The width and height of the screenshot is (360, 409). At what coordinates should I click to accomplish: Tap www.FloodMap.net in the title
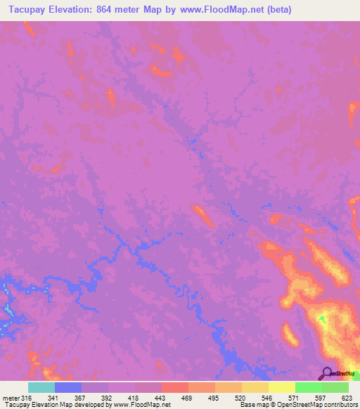[x=223, y=10]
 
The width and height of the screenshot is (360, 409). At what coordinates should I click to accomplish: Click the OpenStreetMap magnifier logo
[x=327, y=374]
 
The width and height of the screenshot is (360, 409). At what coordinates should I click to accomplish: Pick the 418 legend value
[x=132, y=397]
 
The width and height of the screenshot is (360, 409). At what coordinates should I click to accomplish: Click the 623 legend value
[x=345, y=397]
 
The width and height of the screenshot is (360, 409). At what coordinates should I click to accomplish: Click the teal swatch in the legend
[x=41, y=387]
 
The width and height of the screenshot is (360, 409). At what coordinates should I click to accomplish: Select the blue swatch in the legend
[x=68, y=387]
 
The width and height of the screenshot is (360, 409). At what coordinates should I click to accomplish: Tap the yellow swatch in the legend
[x=281, y=387]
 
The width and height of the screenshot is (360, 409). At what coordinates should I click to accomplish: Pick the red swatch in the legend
[x=174, y=387]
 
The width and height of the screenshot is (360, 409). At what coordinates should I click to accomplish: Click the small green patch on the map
[x=322, y=320]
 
